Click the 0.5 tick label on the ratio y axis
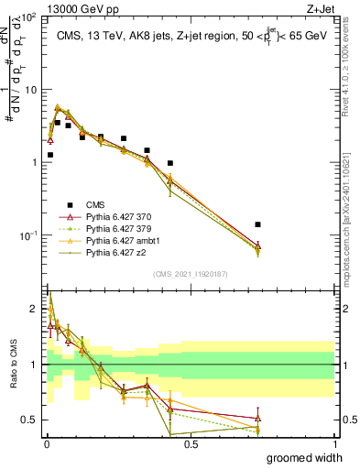(x=30, y=420)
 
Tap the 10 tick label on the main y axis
(x=31, y=90)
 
